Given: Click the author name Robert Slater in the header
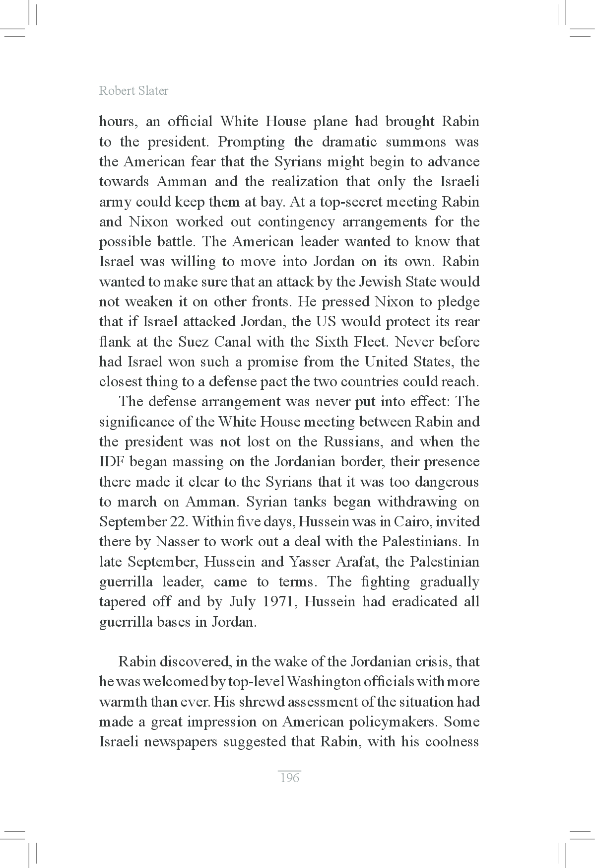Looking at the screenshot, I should point(133,90).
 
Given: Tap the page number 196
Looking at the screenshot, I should point(290,778).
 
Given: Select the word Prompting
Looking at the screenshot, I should point(252,142).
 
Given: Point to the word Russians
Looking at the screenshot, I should point(353,442).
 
